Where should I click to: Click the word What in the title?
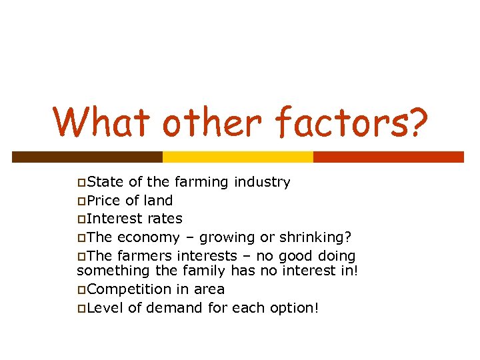click(x=99, y=123)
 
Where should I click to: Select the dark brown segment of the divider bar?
click(x=87, y=157)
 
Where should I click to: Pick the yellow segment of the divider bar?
click(x=238, y=157)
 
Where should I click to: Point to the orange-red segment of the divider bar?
click(x=388, y=157)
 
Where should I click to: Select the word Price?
click(x=103, y=201)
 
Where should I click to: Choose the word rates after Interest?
click(x=164, y=219)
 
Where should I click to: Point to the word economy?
click(x=148, y=237)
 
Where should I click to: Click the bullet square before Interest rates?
click(x=81, y=219)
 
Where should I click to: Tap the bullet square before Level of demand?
click(x=81, y=309)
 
